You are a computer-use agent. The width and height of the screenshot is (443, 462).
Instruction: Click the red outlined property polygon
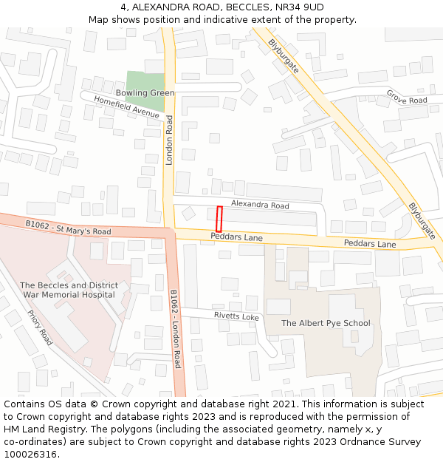pyautogui.click(x=219, y=219)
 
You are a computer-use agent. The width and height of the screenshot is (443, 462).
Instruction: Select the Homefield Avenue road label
pyautogui.click(x=126, y=108)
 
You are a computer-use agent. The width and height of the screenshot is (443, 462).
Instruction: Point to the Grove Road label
pyautogui.click(x=407, y=97)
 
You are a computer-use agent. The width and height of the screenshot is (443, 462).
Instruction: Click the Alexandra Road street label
pyautogui.click(x=260, y=205)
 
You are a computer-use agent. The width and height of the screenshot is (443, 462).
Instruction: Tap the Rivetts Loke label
pyautogui.click(x=236, y=316)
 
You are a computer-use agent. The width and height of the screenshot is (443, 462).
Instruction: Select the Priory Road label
pyautogui.click(x=40, y=327)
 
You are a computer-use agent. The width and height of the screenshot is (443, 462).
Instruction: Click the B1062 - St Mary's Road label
pyautogui.click(x=68, y=227)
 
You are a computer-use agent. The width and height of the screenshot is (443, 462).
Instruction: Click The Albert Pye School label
pyautogui.click(x=326, y=323)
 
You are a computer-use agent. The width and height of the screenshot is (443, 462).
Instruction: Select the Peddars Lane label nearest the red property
pyautogui.click(x=236, y=237)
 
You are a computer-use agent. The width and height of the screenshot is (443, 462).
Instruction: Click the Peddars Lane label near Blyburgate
pyautogui.click(x=369, y=244)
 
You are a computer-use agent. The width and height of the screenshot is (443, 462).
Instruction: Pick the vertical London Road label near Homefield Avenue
pyautogui.click(x=169, y=140)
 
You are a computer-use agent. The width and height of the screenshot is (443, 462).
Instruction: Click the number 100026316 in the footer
pyautogui.click(x=30, y=454)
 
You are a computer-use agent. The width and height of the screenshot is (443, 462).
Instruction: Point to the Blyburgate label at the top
pyautogui.click(x=284, y=55)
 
